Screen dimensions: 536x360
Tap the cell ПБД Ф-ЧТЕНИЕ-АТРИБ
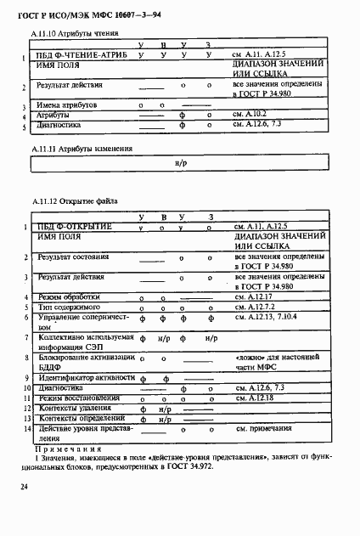82,54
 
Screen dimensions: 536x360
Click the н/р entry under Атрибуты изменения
181,161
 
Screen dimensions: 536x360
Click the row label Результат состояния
73,256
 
